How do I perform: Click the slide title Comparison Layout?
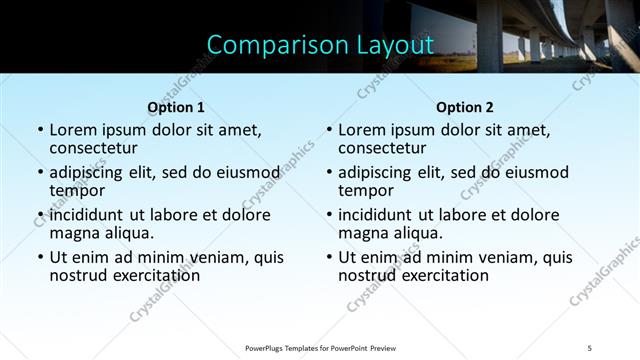pos(320,45)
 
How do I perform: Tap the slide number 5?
pos(590,347)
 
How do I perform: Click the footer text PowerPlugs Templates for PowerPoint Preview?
pos(320,347)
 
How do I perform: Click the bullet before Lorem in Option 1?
pos(40,130)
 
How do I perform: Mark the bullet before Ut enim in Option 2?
pos(329,257)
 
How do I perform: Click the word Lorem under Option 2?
pos(362,130)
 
